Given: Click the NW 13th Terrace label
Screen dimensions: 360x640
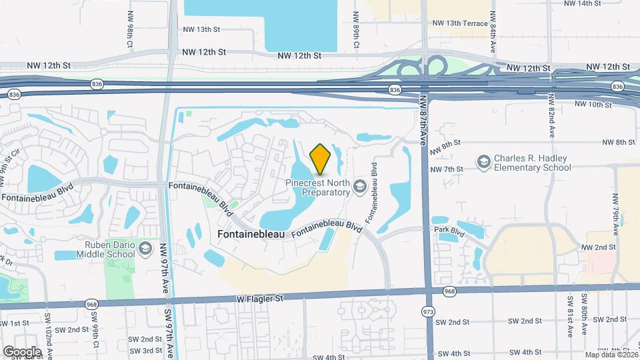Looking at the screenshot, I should point(460,23).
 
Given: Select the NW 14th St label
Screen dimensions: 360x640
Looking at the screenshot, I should point(582,3).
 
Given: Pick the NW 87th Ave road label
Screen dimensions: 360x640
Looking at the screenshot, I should point(423,120).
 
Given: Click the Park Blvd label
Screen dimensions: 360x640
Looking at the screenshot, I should point(448,231).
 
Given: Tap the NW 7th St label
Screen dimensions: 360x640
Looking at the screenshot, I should point(447,169).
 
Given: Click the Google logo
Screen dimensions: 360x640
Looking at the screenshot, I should point(22,351).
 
